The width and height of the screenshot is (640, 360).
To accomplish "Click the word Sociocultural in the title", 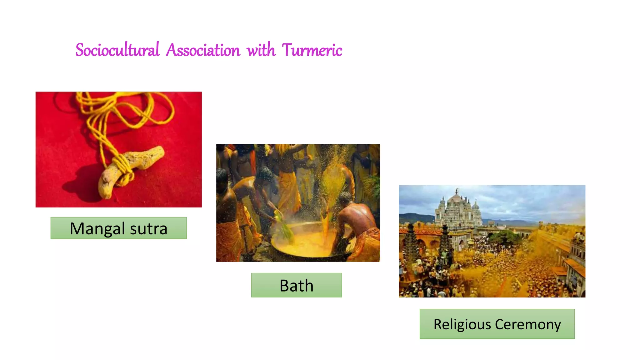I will (117, 50).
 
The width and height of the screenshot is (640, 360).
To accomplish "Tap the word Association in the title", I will (203, 50).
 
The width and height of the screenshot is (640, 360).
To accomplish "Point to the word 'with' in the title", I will (261, 50).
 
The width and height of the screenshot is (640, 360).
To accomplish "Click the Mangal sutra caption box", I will (118, 228).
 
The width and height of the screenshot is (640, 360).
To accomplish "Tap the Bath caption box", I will (296, 285).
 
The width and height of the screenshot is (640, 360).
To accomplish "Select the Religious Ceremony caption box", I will (497, 324).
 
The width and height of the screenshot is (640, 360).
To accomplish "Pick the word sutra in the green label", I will (148, 229).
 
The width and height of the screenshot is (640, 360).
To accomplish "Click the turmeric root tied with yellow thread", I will (131, 169).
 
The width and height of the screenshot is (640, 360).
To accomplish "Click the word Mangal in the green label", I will (97, 229).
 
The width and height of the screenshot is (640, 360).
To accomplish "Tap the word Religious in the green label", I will (462, 324).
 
